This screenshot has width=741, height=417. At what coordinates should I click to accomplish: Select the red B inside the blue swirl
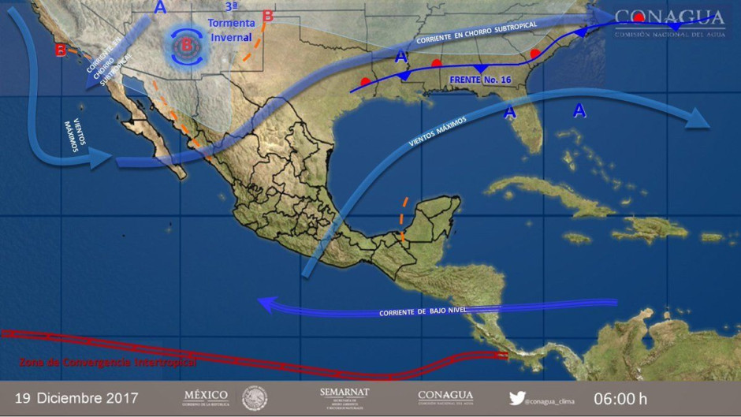(187, 46)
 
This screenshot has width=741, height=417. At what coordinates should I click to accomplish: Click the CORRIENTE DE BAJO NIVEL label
(423, 311)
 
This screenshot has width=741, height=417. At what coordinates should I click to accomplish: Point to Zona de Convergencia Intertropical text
(107, 363)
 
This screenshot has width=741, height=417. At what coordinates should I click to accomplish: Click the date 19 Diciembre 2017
(76, 398)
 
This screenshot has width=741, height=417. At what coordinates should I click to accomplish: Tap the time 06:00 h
(620, 398)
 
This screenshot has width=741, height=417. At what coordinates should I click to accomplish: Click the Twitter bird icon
(516, 399)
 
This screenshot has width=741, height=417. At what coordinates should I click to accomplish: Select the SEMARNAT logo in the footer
(344, 397)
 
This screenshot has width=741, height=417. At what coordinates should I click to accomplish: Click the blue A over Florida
(510, 113)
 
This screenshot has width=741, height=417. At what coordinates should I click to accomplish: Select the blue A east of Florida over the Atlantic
(579, 111)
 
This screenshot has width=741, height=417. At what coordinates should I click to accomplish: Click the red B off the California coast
(61, 50)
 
